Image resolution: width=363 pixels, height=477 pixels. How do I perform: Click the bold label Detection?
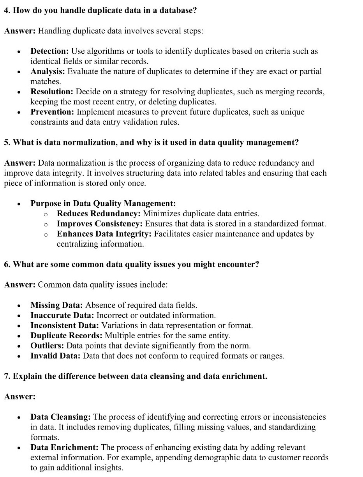(49, 51)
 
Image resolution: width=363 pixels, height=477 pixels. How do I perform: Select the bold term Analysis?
(48, 71)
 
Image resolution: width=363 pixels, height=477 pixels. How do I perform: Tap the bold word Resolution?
(52, 92)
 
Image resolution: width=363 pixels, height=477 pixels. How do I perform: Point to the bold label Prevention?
(52, 112)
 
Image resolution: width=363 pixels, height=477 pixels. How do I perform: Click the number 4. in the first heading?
(7, 11)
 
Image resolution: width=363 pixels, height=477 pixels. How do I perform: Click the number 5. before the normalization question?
(7, 142)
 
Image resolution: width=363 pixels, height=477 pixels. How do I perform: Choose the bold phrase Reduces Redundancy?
(99, 214)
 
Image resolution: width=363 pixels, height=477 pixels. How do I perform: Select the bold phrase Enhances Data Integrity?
(104, 234)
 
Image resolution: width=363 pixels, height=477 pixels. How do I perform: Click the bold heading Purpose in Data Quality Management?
(103, 203)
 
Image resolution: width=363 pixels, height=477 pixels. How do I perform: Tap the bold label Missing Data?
(56, 305)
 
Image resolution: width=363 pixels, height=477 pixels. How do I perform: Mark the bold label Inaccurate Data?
(62, 315)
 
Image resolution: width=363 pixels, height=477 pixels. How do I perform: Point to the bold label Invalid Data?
(56, 356)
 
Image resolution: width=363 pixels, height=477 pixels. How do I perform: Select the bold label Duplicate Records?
(66, 336)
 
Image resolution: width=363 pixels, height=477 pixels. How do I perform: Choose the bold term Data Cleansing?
(61, 417)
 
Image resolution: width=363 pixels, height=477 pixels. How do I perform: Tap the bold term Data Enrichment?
(64, 447)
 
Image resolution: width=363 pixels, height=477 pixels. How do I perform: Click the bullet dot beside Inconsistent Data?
(18, 326)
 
